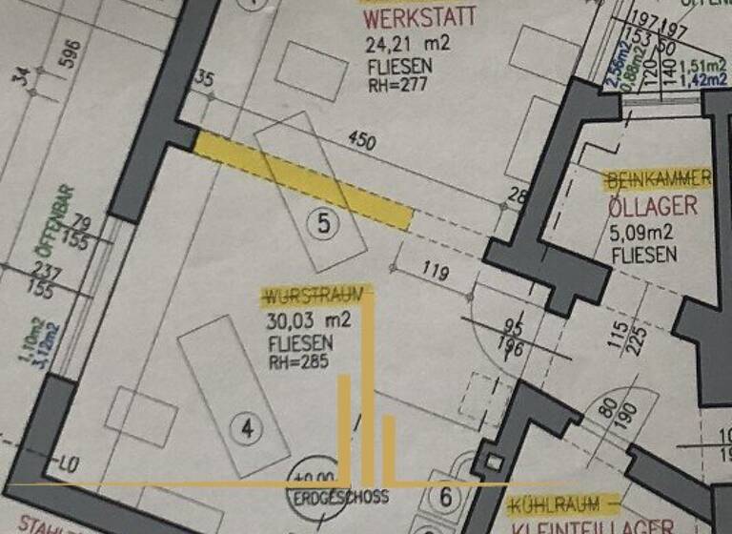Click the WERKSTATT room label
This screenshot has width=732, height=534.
coord(417,18)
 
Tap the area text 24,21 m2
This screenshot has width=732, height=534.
coord(407,43)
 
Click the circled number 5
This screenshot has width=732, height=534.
coord(324,224)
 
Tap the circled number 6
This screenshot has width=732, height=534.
coord(445,495)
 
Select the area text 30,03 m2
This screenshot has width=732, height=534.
coord(309,320)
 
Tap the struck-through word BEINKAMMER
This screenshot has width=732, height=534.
coord(658,179)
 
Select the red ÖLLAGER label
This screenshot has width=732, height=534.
coord(652,207)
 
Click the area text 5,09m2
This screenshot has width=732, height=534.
coord(643,232)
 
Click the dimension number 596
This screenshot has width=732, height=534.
coord(68,56)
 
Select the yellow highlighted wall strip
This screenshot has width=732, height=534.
coord(303,180)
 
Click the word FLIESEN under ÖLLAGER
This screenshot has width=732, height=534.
coord(643,255)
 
